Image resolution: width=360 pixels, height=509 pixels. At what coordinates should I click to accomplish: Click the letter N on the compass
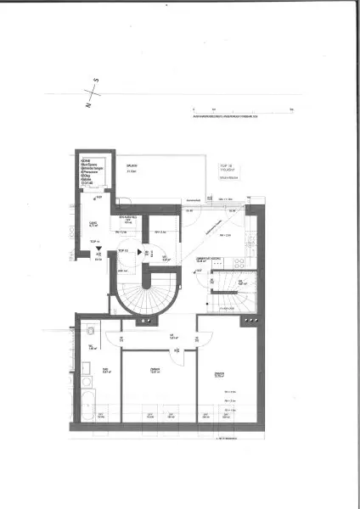click(88, 106)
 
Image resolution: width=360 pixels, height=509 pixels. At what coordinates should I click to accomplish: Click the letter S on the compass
click(97, 81)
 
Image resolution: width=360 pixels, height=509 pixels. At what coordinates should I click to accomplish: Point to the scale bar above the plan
click(242, 111)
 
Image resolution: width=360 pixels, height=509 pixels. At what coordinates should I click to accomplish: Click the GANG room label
click(92, 226)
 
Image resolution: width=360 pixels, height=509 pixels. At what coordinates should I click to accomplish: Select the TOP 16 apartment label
click(225, 168)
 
